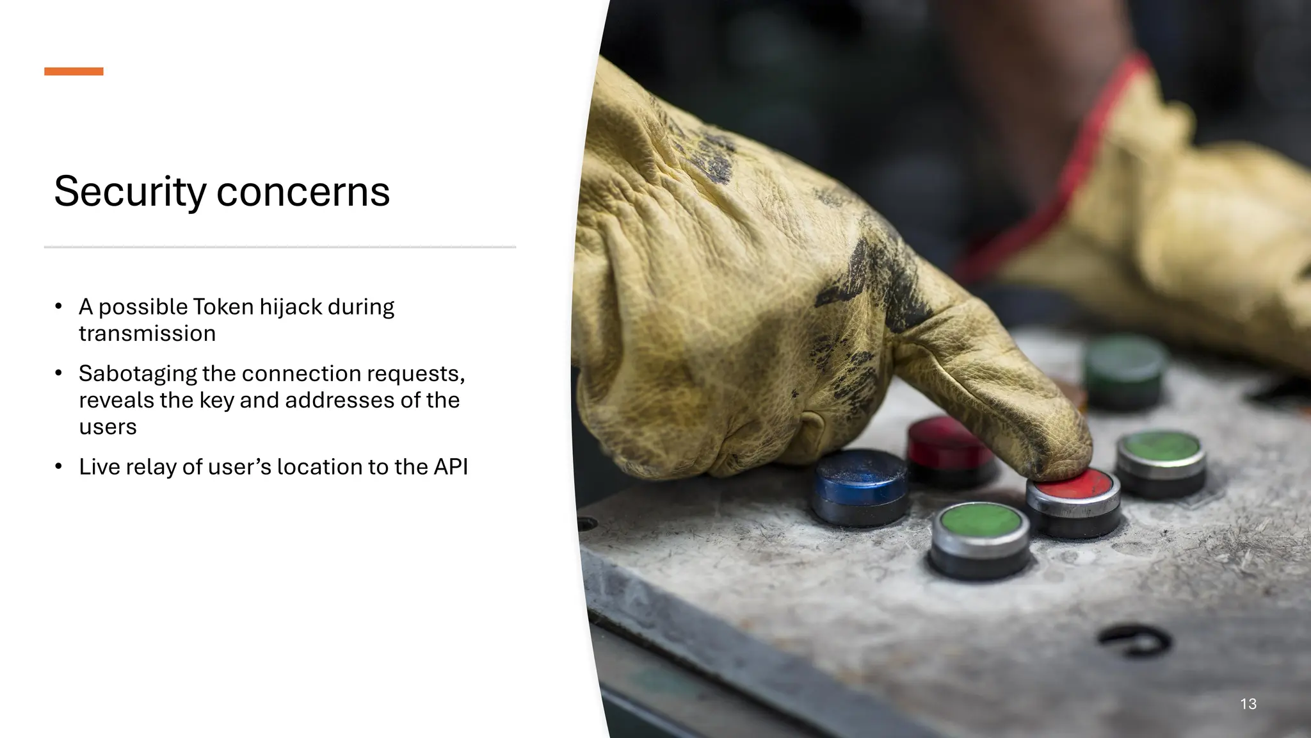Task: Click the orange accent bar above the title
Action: click(74, 71)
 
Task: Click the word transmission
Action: click(147, 334)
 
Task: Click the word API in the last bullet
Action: click(451, 467)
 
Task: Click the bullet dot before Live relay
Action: click(58, 466)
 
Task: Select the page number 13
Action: click(1248, 703)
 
